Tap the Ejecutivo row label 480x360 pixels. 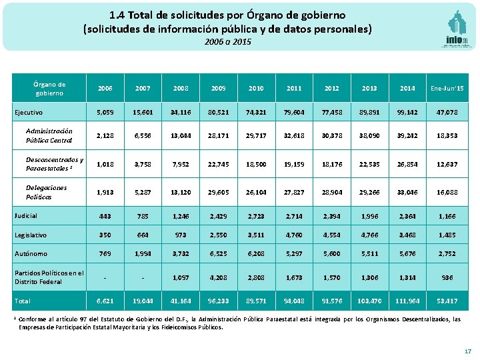pos(27,113)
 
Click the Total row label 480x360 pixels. pos(22,301)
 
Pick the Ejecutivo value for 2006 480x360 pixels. pos(105,113)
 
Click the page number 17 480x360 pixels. pos(467,351)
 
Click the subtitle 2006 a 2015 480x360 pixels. pos(228,42)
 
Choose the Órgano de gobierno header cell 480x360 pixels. pos(49,88)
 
